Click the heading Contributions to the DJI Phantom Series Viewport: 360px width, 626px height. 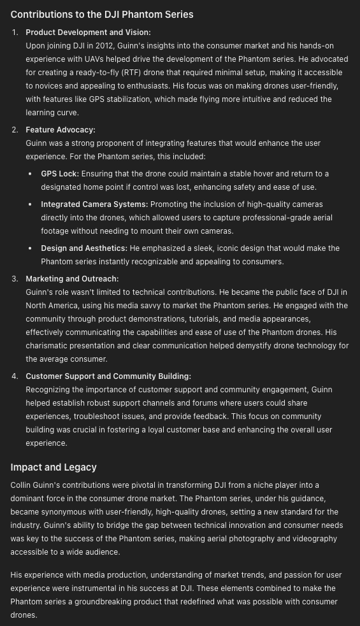(102, 14)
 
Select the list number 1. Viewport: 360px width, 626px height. (15, 32)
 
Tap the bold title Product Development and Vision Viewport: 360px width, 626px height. (88, 32)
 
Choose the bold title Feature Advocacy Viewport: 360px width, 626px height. (60, 130)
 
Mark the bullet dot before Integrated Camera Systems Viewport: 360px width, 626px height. (30, 204)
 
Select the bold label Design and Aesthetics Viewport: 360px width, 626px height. (84, 248)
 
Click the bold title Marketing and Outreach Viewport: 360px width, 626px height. (72, 279)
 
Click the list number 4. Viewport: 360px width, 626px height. (15, 376)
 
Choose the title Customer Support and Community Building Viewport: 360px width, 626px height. (108, 376)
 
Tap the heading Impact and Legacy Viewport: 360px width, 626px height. (54, 467)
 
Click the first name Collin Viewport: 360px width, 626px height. (23, 485)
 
